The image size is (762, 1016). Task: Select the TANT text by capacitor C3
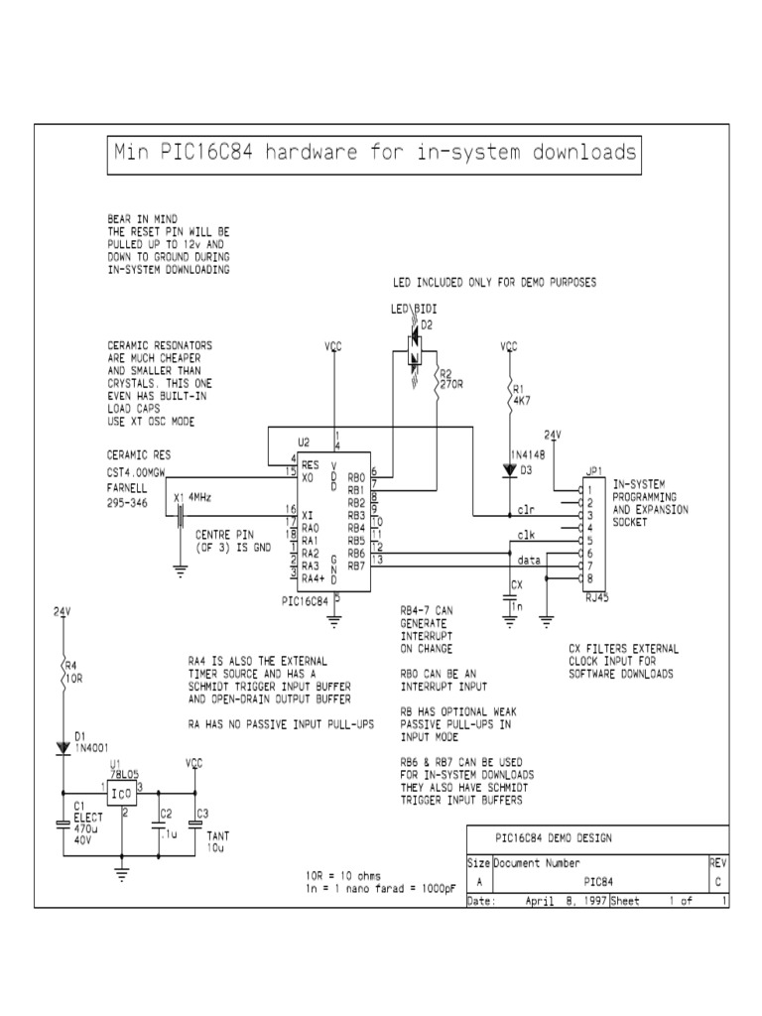(218, 835)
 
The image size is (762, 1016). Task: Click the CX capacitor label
(515, 584)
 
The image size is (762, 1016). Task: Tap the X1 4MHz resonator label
(191, 497)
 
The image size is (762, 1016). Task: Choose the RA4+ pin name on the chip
(313, 578)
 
